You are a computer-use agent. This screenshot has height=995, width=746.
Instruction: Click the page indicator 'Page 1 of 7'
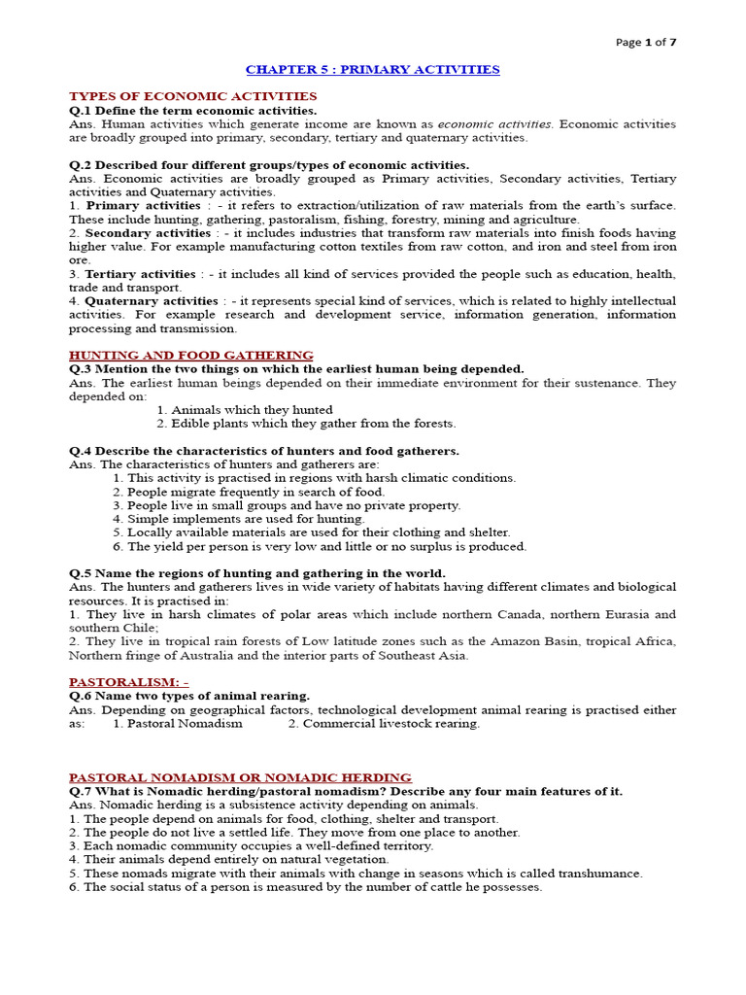pyautogui.click(x=647, y=42)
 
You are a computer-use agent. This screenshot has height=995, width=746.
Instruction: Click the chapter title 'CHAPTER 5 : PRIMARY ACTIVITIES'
pyautogui.click(x=372, y=70)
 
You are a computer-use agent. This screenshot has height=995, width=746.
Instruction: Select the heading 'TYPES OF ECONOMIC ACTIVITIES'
pyautogui.click(x=192, y=96)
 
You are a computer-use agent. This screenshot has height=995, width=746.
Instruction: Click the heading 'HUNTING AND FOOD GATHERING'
pyautogui.click(x=191, y=356)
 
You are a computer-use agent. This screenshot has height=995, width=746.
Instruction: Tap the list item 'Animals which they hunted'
pyautogui.click(x=252, y=410)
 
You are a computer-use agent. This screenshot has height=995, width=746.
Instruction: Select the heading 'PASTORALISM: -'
pyautogui.click(x=128, y=682)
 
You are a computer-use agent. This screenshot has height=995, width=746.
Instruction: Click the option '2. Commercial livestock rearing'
pyautogui.click(x=384, y=724)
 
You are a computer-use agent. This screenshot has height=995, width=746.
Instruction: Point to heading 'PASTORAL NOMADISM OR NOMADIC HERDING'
pyautogui.click(x=240, y=777)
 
